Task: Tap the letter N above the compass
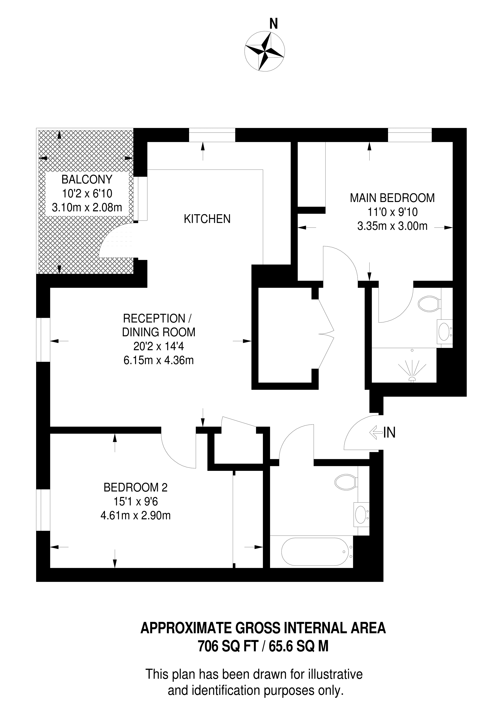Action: coord(273,24)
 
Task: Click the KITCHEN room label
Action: coord(207,219)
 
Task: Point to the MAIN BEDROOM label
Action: coord(392,198)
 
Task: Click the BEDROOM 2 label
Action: coord(135,488)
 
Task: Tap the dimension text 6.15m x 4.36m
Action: coord(159,360)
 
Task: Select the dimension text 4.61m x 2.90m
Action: coord(135,515)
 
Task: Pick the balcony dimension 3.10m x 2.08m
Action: coord(87,207)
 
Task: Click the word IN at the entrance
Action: coord(390,433)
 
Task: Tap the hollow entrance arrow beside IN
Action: coord(376,433)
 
